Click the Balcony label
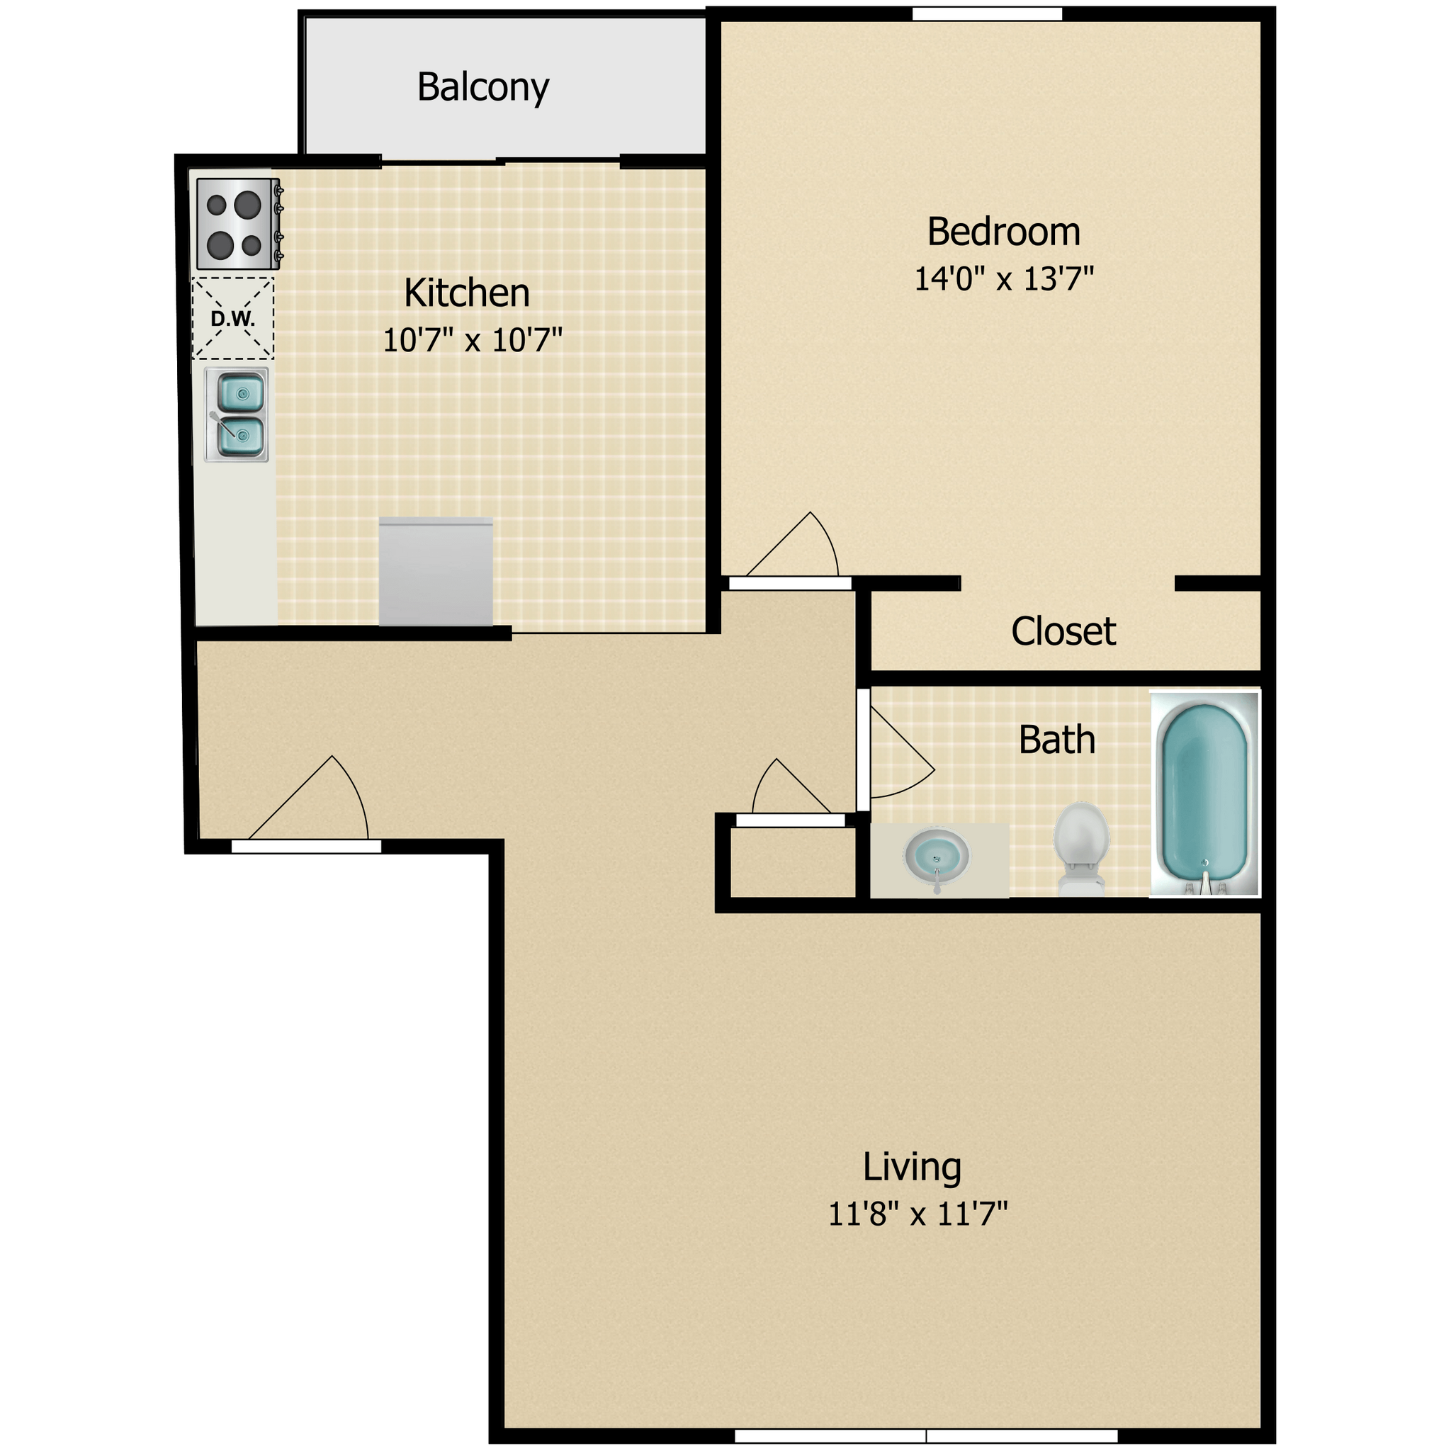coord(483,88)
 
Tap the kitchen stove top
coord(235,224)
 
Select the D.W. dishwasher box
coord(233,318)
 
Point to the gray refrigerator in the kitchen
coord(436,572)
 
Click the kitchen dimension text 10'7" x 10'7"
coord(473,340)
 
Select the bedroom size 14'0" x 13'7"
coord(1003,278)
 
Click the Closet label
coord(1063,631)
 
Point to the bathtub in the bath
coord(1204,793)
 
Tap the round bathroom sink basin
coord(937,857)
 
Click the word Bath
coord(1056,740)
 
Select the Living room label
coord(912,1167)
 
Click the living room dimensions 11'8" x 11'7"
coord(917,1214)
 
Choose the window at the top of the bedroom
coord(987,13)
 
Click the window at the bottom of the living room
coord(925,1436)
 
